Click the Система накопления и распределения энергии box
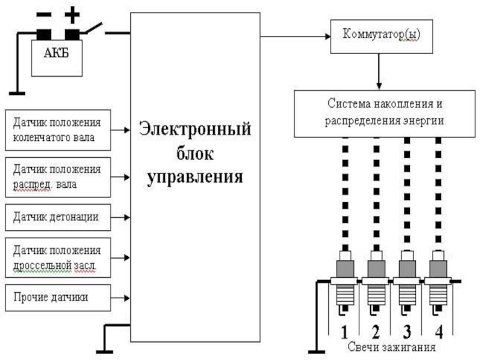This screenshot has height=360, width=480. click(x=384, y=112)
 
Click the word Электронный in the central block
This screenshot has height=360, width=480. click(x=196, y=128)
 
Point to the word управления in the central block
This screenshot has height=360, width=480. click(x=196, y=177)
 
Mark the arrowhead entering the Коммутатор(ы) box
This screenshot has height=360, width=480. click(x=327, y=35)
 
